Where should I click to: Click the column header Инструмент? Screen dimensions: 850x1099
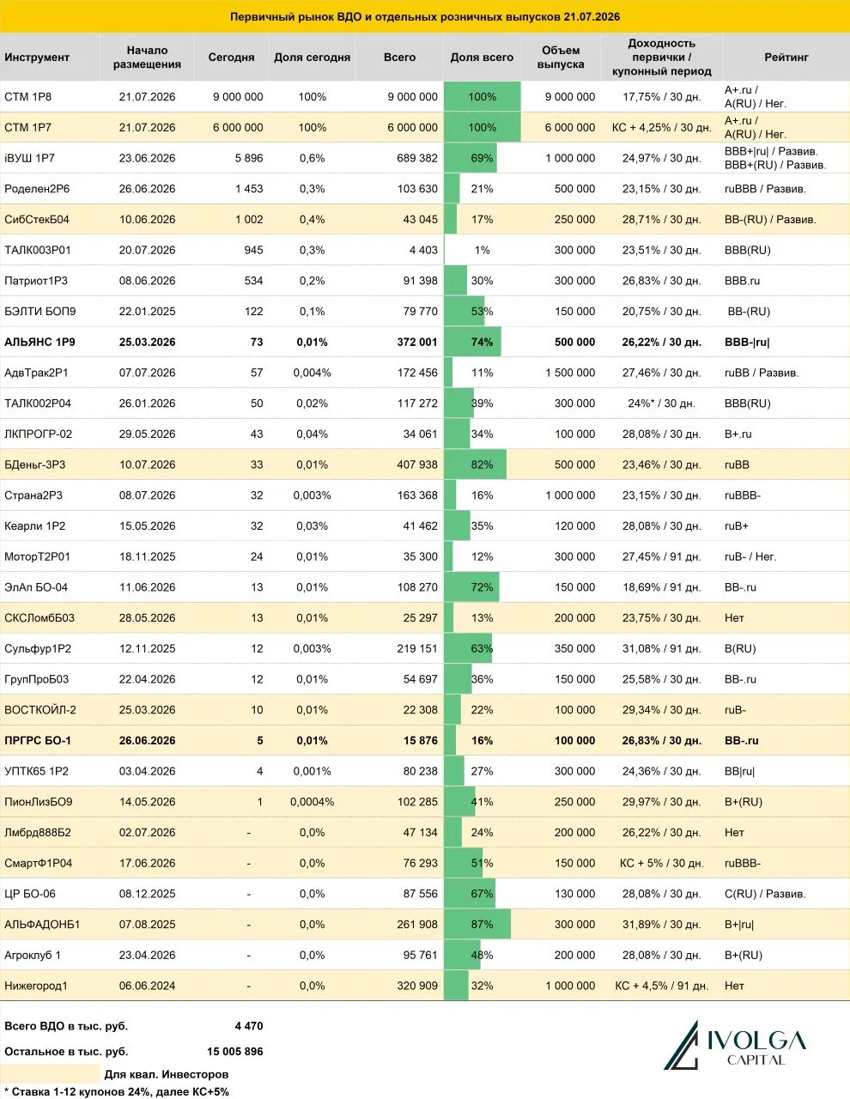pyautogui.click(x=36, y=58)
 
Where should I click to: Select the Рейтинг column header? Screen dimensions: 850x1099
pyautogui.click(x=786, y=58)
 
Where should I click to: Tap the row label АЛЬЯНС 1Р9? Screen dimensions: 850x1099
pyautogui.click(x=39, y=342)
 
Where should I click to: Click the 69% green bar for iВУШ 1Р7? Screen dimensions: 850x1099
pyautogui.click(x=471, y=158)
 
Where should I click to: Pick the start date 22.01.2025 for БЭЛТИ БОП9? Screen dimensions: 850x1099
pyautogui.click(x=147, y=311)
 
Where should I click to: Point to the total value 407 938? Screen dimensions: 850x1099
pyautogui.click(x=417, y=464)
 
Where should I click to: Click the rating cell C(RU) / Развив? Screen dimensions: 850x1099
pyautogui.click(x=764, y=894)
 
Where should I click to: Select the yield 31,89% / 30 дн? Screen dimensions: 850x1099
pyautogui.click(x=661, y=924)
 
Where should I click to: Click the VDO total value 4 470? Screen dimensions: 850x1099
pyautogui.click(x=249, y=1026)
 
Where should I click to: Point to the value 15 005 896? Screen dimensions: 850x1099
pyautogui.click(x=234, y=1052)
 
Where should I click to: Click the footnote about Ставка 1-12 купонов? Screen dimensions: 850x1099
pyautogui.click(x=116, y=1091)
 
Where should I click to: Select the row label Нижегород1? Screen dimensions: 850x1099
pyautogui.click(x=35, y=985)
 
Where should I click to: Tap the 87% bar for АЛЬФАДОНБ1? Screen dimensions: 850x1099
pyautogui.click(x=477, y=924)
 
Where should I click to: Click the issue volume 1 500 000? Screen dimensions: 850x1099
pyautogui.click(x=570, y=373)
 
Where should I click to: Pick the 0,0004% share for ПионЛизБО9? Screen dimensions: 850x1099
pyautogui.click(x=312, y=802)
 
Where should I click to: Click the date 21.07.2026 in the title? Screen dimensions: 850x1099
pyautogui.click(x=591, y=16)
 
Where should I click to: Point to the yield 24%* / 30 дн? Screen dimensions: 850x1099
pyautogui.click(x=661, y=403)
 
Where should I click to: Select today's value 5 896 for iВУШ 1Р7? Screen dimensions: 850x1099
pyautogui.click(x=249, y=158)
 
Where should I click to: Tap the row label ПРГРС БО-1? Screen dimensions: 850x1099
pyautogui.click(x=38, y=740)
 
